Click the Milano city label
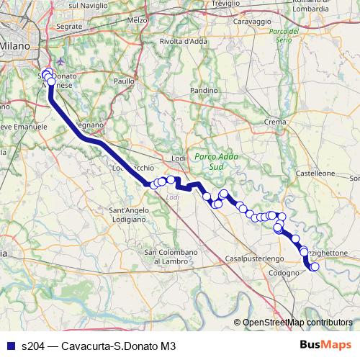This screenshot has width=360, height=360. click(x=15, y=45)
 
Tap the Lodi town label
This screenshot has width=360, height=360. click(x=180, y=158)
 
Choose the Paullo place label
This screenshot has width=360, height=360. click(x=124, y=81)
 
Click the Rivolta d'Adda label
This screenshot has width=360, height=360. click(x=180, y=41)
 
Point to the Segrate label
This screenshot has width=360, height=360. click(x=69, y=26)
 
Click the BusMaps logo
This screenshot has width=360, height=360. click(x=325, y=346)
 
